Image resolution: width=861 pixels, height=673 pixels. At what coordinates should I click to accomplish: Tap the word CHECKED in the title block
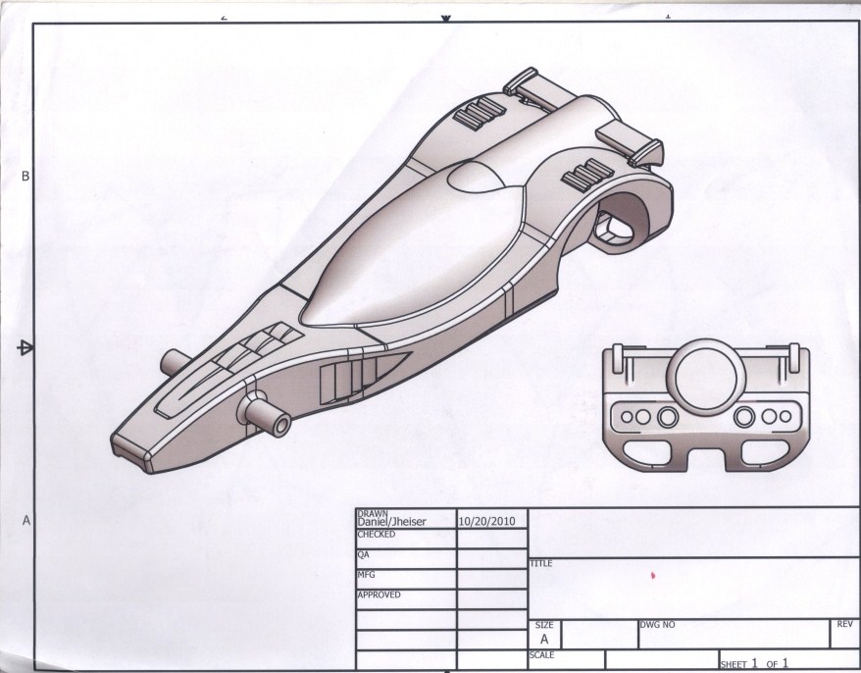pos(377,535)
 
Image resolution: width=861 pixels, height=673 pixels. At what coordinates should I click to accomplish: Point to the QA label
pos(364,554)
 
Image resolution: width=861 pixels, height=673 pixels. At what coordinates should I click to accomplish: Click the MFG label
pos(366,575)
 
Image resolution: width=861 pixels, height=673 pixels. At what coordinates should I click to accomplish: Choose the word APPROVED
pos(380,595)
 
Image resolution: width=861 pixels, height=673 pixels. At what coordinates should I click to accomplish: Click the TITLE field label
pos(540,563)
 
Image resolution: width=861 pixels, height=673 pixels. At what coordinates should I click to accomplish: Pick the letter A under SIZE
pos(544,639)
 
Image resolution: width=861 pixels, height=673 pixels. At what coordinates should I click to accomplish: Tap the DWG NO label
pos(656,624)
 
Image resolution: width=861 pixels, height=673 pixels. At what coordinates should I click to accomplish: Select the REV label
pos(843,624)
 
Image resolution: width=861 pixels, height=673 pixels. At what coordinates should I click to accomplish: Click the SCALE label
pos(542,654)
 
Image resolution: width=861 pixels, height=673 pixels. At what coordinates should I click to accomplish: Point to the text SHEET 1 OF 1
pos(755,663)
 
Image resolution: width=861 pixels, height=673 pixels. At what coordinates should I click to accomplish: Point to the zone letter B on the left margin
pos(25,177)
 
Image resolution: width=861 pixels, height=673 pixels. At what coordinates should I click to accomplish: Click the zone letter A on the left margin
pos(25,521)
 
